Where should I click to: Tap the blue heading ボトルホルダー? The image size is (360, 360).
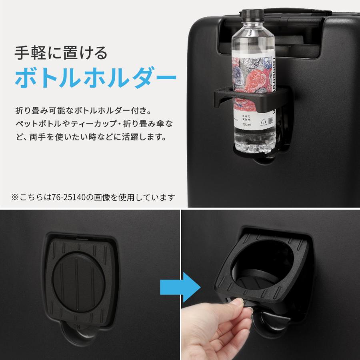[x=96, y=77]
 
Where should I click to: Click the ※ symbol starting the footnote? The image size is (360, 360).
[x=14, y=197]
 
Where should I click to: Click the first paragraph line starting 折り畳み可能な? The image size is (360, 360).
[x=84, y=109]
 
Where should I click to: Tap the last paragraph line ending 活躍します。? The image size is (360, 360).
[x=90, y=137]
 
